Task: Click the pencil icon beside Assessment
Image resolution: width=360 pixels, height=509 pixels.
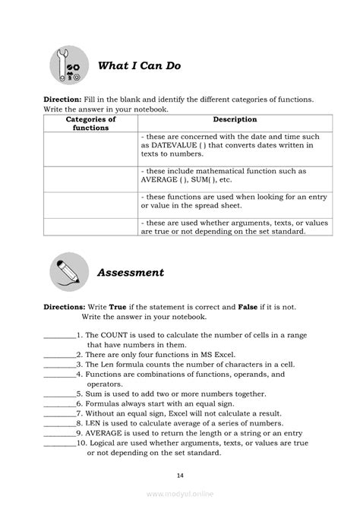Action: pyautogui.click(x=70, y=273)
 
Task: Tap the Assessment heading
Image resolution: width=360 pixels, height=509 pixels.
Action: pyautogui.click(x=131, y=272)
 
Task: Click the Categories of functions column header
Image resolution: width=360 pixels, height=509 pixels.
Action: pyautogui.click(x=91, y=124)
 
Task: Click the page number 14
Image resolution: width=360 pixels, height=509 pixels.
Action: pyautogui.click(x=180, y=475)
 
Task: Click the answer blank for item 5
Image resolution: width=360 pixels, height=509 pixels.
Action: pyautogui.click(x=58, y=395)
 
